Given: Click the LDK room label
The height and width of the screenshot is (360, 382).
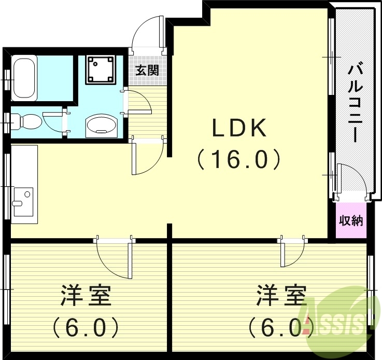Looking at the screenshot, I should pos(239,128).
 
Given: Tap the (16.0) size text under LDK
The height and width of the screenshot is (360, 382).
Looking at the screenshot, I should pos(239,159).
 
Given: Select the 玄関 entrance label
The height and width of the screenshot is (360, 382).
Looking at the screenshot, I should pos(147,70).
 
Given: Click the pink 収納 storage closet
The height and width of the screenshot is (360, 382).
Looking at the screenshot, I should pos(350,220).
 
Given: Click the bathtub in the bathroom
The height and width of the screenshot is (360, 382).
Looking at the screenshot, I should pos(24,78).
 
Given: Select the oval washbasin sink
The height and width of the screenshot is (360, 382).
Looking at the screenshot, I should pos(102,125).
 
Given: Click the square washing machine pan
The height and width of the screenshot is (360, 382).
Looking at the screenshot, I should pos(101,70).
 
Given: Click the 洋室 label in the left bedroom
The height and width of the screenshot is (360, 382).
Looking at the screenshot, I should pos(86,296).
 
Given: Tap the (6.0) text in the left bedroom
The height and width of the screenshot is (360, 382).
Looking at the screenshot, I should pos(86,327).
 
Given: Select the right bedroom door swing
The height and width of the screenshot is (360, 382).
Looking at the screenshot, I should pos(292,254).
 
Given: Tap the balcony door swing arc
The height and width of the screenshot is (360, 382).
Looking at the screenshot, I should pos(352,179).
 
